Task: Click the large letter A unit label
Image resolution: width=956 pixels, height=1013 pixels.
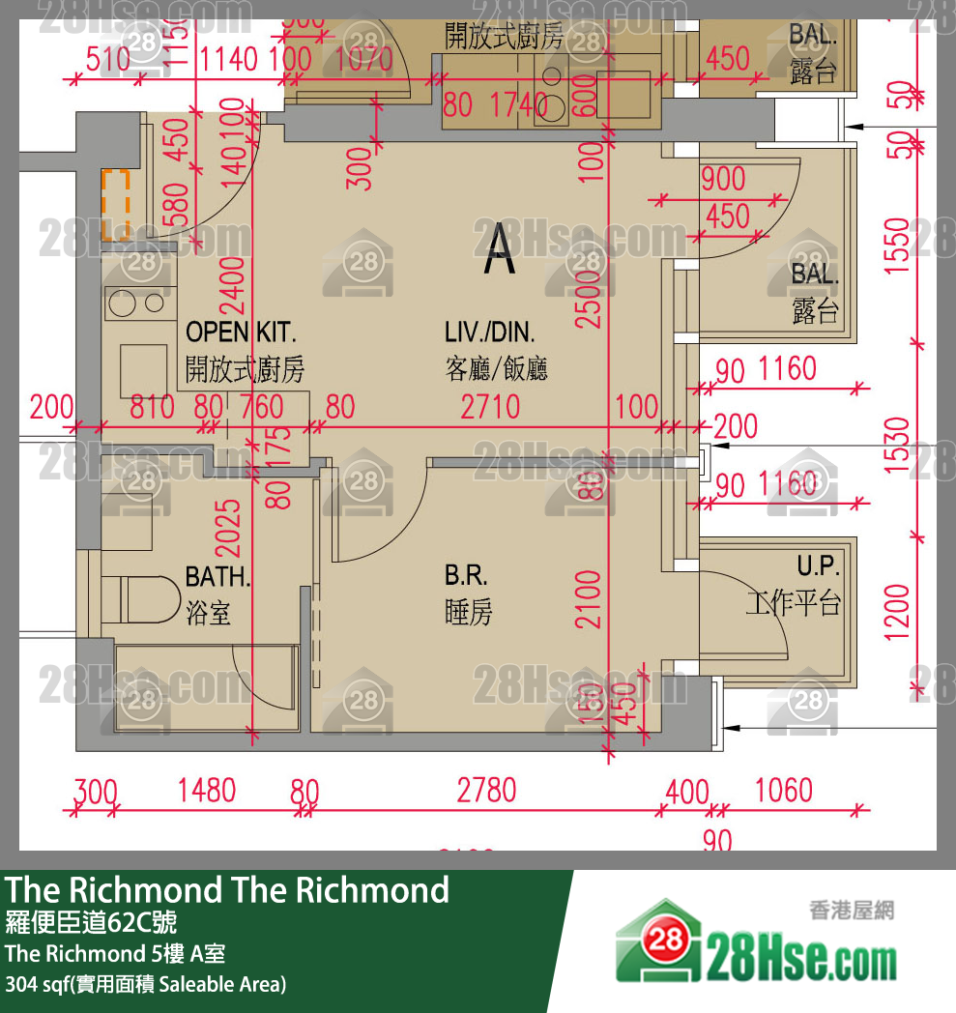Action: click(500, 249)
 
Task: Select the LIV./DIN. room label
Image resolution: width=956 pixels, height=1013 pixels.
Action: click(489, 333)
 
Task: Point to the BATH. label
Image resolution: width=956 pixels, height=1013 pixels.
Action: click(217, 578)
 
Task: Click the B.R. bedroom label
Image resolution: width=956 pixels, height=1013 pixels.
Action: click(466, 576)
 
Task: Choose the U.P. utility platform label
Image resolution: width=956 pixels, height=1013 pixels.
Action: click(818, 566)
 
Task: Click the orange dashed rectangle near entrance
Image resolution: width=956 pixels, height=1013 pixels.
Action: click(116, 206)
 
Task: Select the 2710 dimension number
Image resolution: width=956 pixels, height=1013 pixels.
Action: click(490, 407)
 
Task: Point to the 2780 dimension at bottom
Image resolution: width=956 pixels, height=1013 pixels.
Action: click(487, 790)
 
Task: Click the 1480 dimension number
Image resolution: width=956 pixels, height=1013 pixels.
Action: click(207, 790)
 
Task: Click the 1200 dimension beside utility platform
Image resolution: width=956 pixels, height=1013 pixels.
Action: click(897, 611)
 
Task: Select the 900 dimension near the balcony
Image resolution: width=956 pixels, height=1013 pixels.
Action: click(723, 180)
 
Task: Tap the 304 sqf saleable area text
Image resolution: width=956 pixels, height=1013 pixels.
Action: click(145, 985)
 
